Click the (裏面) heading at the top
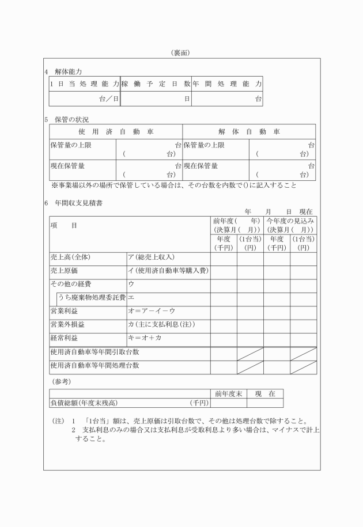pyautogui.click(x=181, y=53)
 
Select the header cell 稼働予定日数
pyautogui.click(x=155, y=84)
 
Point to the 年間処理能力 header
pyautogui.click(x=226, y=84)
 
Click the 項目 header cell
pyautogui.click(x=63, y=226)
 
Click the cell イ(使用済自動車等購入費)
pyautogui.click(x=168, y=271)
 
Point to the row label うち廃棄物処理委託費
pyautogui.click(x=91, y=298)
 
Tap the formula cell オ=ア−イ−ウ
pyautogui.click(x=150, y=311)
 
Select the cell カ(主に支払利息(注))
pyautogui.click(x=161, y=325)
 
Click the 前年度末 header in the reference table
pyautogui.click(x=228, y=393)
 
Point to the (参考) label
pyautogui.click(x=61, y=381)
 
